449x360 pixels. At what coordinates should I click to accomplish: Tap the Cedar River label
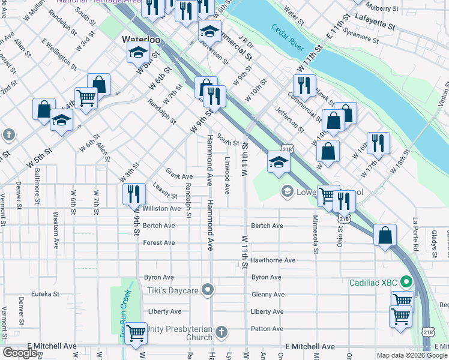[x=289, y=37]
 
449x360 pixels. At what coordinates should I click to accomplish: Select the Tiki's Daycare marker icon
[x=208, y=290]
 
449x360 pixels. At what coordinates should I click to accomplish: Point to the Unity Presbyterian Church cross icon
[x=221, y=332]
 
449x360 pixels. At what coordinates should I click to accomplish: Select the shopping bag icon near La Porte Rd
[x=384, y=235]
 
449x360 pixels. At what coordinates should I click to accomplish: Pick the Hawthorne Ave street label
[x=273, y=260]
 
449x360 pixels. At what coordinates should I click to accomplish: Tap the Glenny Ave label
[x=267, y=295]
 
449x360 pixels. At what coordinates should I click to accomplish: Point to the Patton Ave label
[x=267, y=329]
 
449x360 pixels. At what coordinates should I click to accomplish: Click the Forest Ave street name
[x=159, y=243]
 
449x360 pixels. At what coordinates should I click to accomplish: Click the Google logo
[x=20, y=353]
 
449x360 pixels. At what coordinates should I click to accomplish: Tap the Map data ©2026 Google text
[x=412, y=355]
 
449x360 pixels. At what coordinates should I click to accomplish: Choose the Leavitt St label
[x=165, y=191]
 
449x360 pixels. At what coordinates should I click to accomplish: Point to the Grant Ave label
[x=179, y=174]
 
